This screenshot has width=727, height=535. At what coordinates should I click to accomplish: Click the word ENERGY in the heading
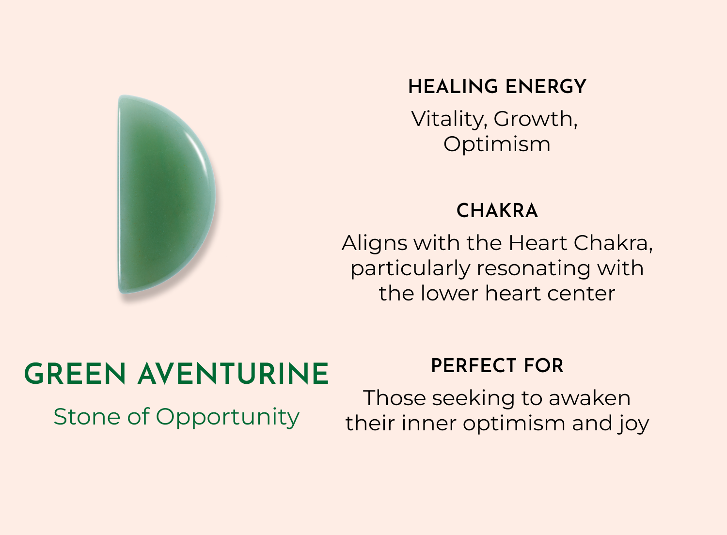pyautogui.click(x=546, y=87)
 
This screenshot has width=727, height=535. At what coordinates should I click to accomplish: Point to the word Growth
pyautogui.click(x=536, y=119)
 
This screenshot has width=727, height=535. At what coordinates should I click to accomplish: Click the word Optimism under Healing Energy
pyautogui.click(x=497, y=144)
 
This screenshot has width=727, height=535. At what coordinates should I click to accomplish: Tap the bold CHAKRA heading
pyautogui.click(x=497, y=211)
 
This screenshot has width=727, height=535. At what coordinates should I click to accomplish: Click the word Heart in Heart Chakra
pyautogui.click(x=538, y=243)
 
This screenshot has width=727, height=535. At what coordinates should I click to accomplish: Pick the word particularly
pyautogui.click(x=411, y=269)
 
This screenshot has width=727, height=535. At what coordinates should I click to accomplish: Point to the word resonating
pyautogui.click(x=533, y=269)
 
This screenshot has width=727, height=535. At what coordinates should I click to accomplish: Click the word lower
pyautogui.click(x=449, y=293)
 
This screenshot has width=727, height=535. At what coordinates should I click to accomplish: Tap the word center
pyautogui.click(x=581, y=294)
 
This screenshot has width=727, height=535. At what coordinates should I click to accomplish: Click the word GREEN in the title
pyautogui.click(x=75, y=374)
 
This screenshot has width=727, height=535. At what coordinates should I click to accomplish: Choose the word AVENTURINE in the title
pyautogui.click(x=233, y=374)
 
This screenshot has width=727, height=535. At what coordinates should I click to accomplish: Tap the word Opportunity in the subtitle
pyautogui.click(x=227, y=418)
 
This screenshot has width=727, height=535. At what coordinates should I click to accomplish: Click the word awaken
pyautogui.click(x=589, y=398)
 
